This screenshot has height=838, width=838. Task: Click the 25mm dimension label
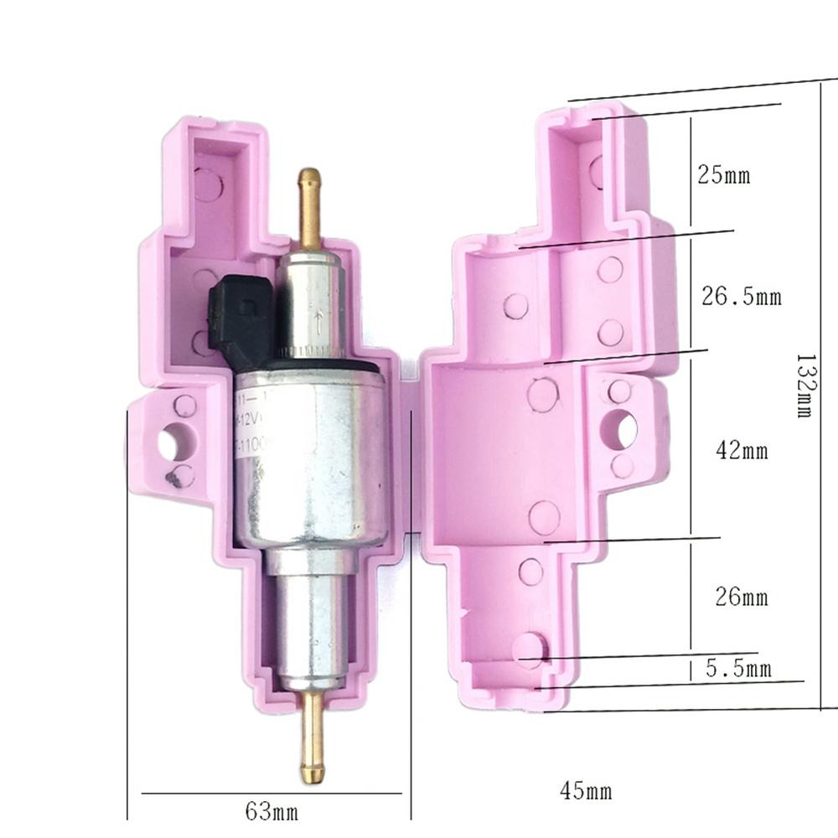pos(723,176)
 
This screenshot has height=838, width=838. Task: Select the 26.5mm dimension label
pos(740,297)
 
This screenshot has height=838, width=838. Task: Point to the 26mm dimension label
pos(741,597)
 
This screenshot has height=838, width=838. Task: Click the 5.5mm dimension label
pos(737,669)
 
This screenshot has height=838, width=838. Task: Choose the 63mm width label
pos(272,810)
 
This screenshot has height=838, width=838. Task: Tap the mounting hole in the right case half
pos(621,428)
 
